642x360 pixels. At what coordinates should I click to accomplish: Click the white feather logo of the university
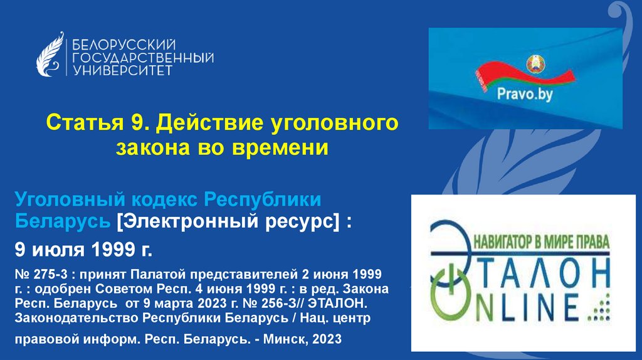50,56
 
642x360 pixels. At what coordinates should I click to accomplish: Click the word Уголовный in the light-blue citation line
70,200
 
